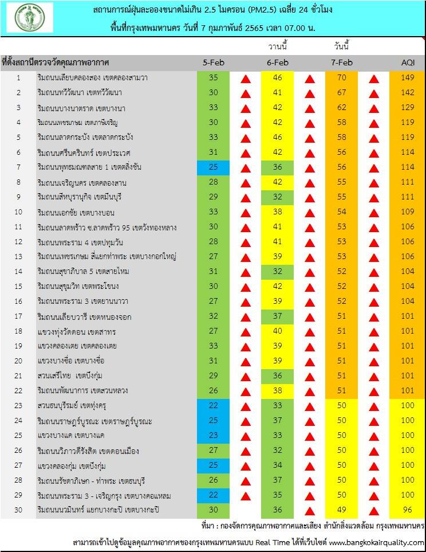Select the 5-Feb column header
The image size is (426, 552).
tap(213, 62)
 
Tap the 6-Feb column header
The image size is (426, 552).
tap(277, 62)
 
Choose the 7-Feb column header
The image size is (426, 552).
tap(342, 62)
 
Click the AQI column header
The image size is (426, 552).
tap(408, 62)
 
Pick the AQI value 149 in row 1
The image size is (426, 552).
tap(407, 77)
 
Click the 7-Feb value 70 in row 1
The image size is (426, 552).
tap(342, 77)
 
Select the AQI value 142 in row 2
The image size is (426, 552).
tap(407, 92)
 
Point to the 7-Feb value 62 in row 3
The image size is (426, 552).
tap(342, 107)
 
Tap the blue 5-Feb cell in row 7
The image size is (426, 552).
tap(213, 167)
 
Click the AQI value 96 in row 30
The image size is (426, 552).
tap(407, 510)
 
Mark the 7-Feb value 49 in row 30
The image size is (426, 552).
tap(342, 510)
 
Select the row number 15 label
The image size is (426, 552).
tap(18, 286)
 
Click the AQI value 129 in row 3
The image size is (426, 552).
tap(407, 107)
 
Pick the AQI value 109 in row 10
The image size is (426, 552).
tap(407, 212)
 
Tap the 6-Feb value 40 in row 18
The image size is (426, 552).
tap(277, 331)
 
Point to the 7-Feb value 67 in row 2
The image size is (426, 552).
tap(342, 92)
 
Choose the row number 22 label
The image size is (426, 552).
tap(18, 390)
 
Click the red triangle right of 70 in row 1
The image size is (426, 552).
tap(374, 79)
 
